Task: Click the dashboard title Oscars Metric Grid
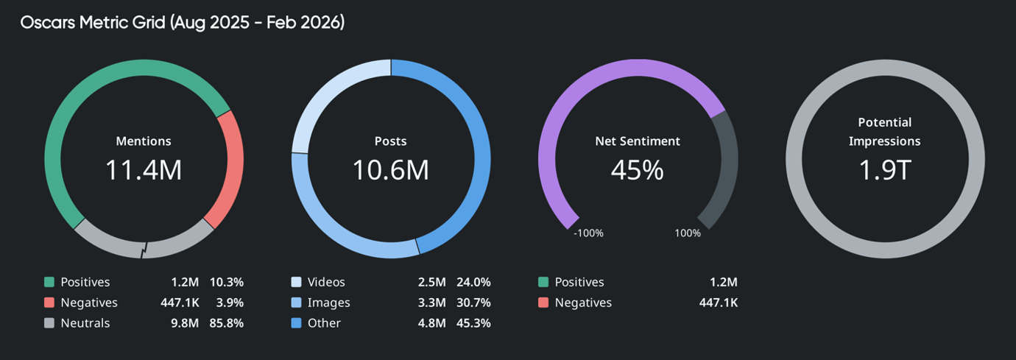click(182, 23)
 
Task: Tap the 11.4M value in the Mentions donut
click(144, 170)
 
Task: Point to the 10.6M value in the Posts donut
click(390, 170)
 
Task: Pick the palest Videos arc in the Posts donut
click(324, 96)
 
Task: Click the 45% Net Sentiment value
click(637, 170)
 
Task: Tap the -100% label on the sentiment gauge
click(588, 233)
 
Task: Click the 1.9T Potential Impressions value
click(884, 170)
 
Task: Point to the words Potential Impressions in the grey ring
click(884, 132)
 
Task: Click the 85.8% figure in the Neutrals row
click(227, 323)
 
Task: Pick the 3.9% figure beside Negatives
click(230, 303)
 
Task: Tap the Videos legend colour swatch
click(297, 282)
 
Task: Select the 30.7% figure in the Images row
click(473, 303)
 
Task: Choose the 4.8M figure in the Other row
click(431, 323)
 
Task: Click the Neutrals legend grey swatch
click(49, 323)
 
